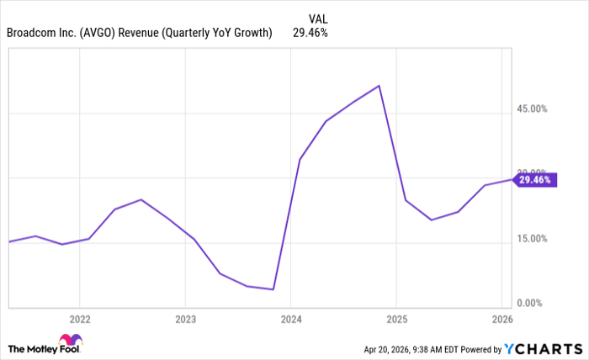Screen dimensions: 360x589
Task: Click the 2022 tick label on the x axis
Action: [x=80, y=320]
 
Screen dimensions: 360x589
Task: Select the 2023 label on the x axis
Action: [x=185, y=320]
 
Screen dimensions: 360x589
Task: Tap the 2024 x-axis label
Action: [x=291, y=320]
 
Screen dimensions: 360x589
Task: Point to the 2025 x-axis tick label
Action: [x=396, y=320]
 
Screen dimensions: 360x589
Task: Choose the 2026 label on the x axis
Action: [x=501, y=320]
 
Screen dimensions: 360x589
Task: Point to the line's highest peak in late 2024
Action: [x=379, y=86]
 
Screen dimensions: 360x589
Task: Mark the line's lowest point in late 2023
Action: [x=273, y=289]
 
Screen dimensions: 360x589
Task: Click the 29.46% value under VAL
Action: [x=310, y=34]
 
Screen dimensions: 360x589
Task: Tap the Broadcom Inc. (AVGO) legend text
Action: [x=139, y=34]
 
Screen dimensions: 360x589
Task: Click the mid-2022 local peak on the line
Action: [x=141, y=199]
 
